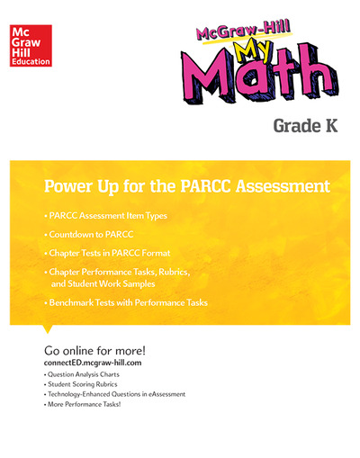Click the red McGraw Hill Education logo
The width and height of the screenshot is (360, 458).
29,44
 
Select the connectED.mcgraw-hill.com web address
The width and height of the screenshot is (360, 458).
100,362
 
